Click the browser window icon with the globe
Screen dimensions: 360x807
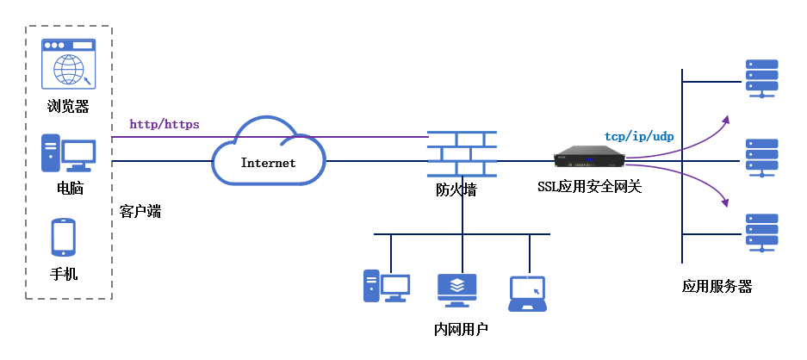(70, 64)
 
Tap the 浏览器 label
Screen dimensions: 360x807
(69, 107)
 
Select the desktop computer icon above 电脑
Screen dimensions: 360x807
(68, 154)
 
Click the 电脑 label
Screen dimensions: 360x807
(70, 187)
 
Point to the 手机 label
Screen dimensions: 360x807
(64, 274)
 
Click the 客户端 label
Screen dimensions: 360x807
(140, 210)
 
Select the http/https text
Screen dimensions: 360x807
(165, 124)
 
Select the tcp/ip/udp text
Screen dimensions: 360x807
(637, 136)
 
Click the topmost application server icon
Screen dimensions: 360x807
(762, 78)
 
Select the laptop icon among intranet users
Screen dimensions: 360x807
(527, 293)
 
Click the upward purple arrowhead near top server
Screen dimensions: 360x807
(726, 119)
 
